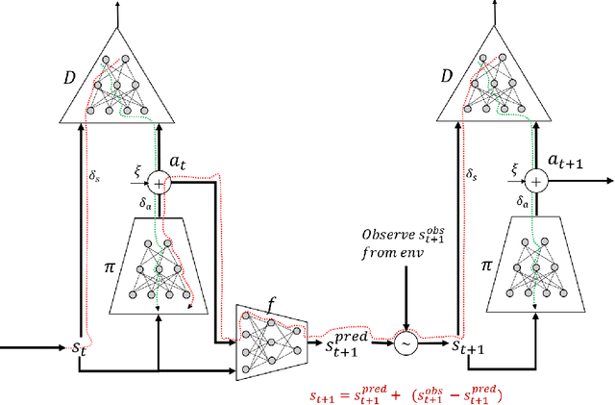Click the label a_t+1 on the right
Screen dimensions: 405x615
pyautogui.click(x=566, y=162)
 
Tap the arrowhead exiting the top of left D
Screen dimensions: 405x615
pyautogui.click(x=117, y=7)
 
